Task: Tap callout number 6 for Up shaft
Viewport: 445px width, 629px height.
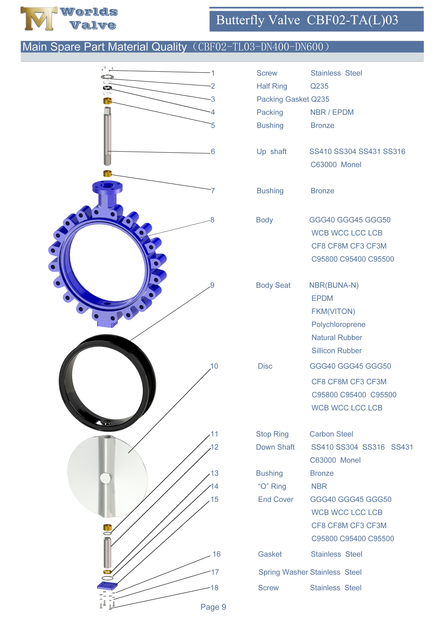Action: coord(213,152)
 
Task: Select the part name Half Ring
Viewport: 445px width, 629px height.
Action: coord(271,86)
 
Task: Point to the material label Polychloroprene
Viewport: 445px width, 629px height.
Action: coord(338,325)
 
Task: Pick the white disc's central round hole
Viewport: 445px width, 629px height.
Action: coord(105,478)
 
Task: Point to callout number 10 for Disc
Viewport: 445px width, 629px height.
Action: coord(214,366)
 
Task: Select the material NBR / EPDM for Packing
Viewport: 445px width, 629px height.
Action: coord(332,112)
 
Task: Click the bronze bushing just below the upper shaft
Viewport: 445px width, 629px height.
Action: coord(107,173)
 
